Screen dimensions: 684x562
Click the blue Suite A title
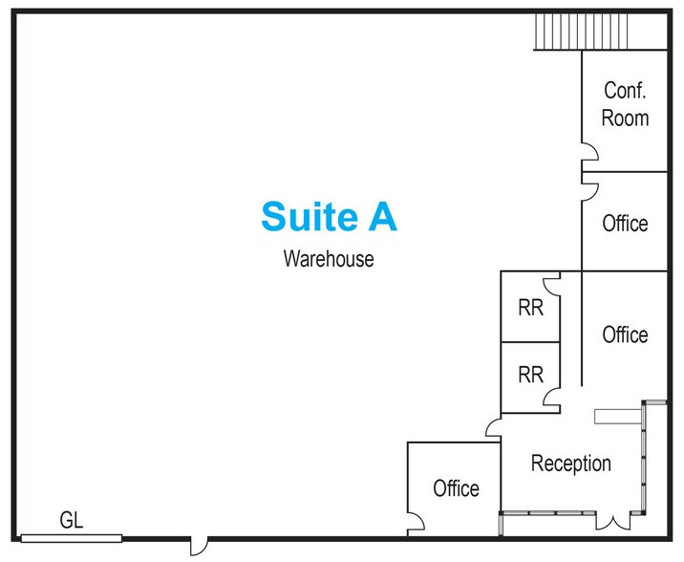click(329, 216)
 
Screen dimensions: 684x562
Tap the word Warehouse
click(329, 258)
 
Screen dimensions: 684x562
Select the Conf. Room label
click(625, 104)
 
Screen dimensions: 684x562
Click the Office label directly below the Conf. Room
click(625, 223)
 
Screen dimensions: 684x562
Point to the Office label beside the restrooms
click(625, 335)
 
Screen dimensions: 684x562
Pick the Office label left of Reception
click(456, 487)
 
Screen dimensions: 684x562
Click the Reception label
click(571, 464)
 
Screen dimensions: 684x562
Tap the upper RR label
click(530, 308)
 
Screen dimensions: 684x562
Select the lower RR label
click(530, 375)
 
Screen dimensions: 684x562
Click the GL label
click(71, 520)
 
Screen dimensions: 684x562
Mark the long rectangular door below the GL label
click(72, 538)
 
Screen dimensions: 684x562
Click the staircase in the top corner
click(582, 32)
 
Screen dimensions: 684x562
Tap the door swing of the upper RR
click(551, 287)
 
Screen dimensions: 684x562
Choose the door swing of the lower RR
click(551, 397)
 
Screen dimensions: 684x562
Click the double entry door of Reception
click(613, 522)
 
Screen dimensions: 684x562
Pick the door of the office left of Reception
click(416, 522)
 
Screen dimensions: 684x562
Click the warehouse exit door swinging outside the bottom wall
click(199, 547)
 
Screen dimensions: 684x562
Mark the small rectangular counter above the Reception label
click(618, 417)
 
